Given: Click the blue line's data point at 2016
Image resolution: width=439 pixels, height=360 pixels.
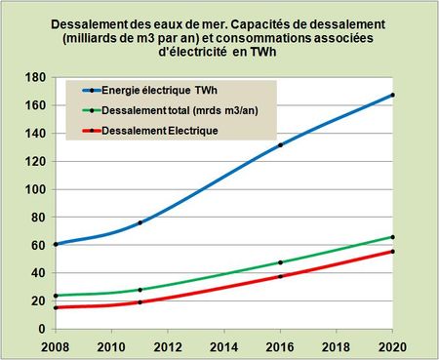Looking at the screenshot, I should tap(280, 145).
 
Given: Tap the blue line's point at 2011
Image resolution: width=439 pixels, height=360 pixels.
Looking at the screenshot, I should tap(140, 222).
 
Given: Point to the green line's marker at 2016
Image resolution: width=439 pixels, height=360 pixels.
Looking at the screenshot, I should tap(280, 262).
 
